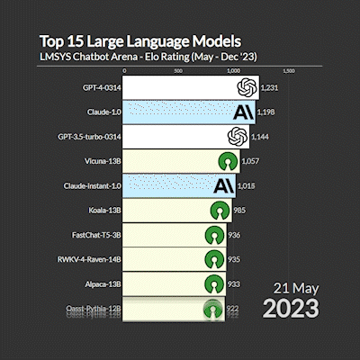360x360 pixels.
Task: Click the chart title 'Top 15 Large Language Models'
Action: click(140, 41)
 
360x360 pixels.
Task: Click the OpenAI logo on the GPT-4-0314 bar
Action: click(244, 87)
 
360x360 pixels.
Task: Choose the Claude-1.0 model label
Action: click(102, 112)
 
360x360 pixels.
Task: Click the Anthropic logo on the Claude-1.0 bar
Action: click(242, 112)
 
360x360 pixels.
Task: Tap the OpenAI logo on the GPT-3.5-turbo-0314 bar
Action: click(237, 137)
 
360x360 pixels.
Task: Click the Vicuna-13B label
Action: click(101, 161)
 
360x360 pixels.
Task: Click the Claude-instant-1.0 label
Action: click(90, 186)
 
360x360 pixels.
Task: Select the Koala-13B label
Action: click(103, 211)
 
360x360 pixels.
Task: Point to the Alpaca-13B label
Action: click(101, 283)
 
